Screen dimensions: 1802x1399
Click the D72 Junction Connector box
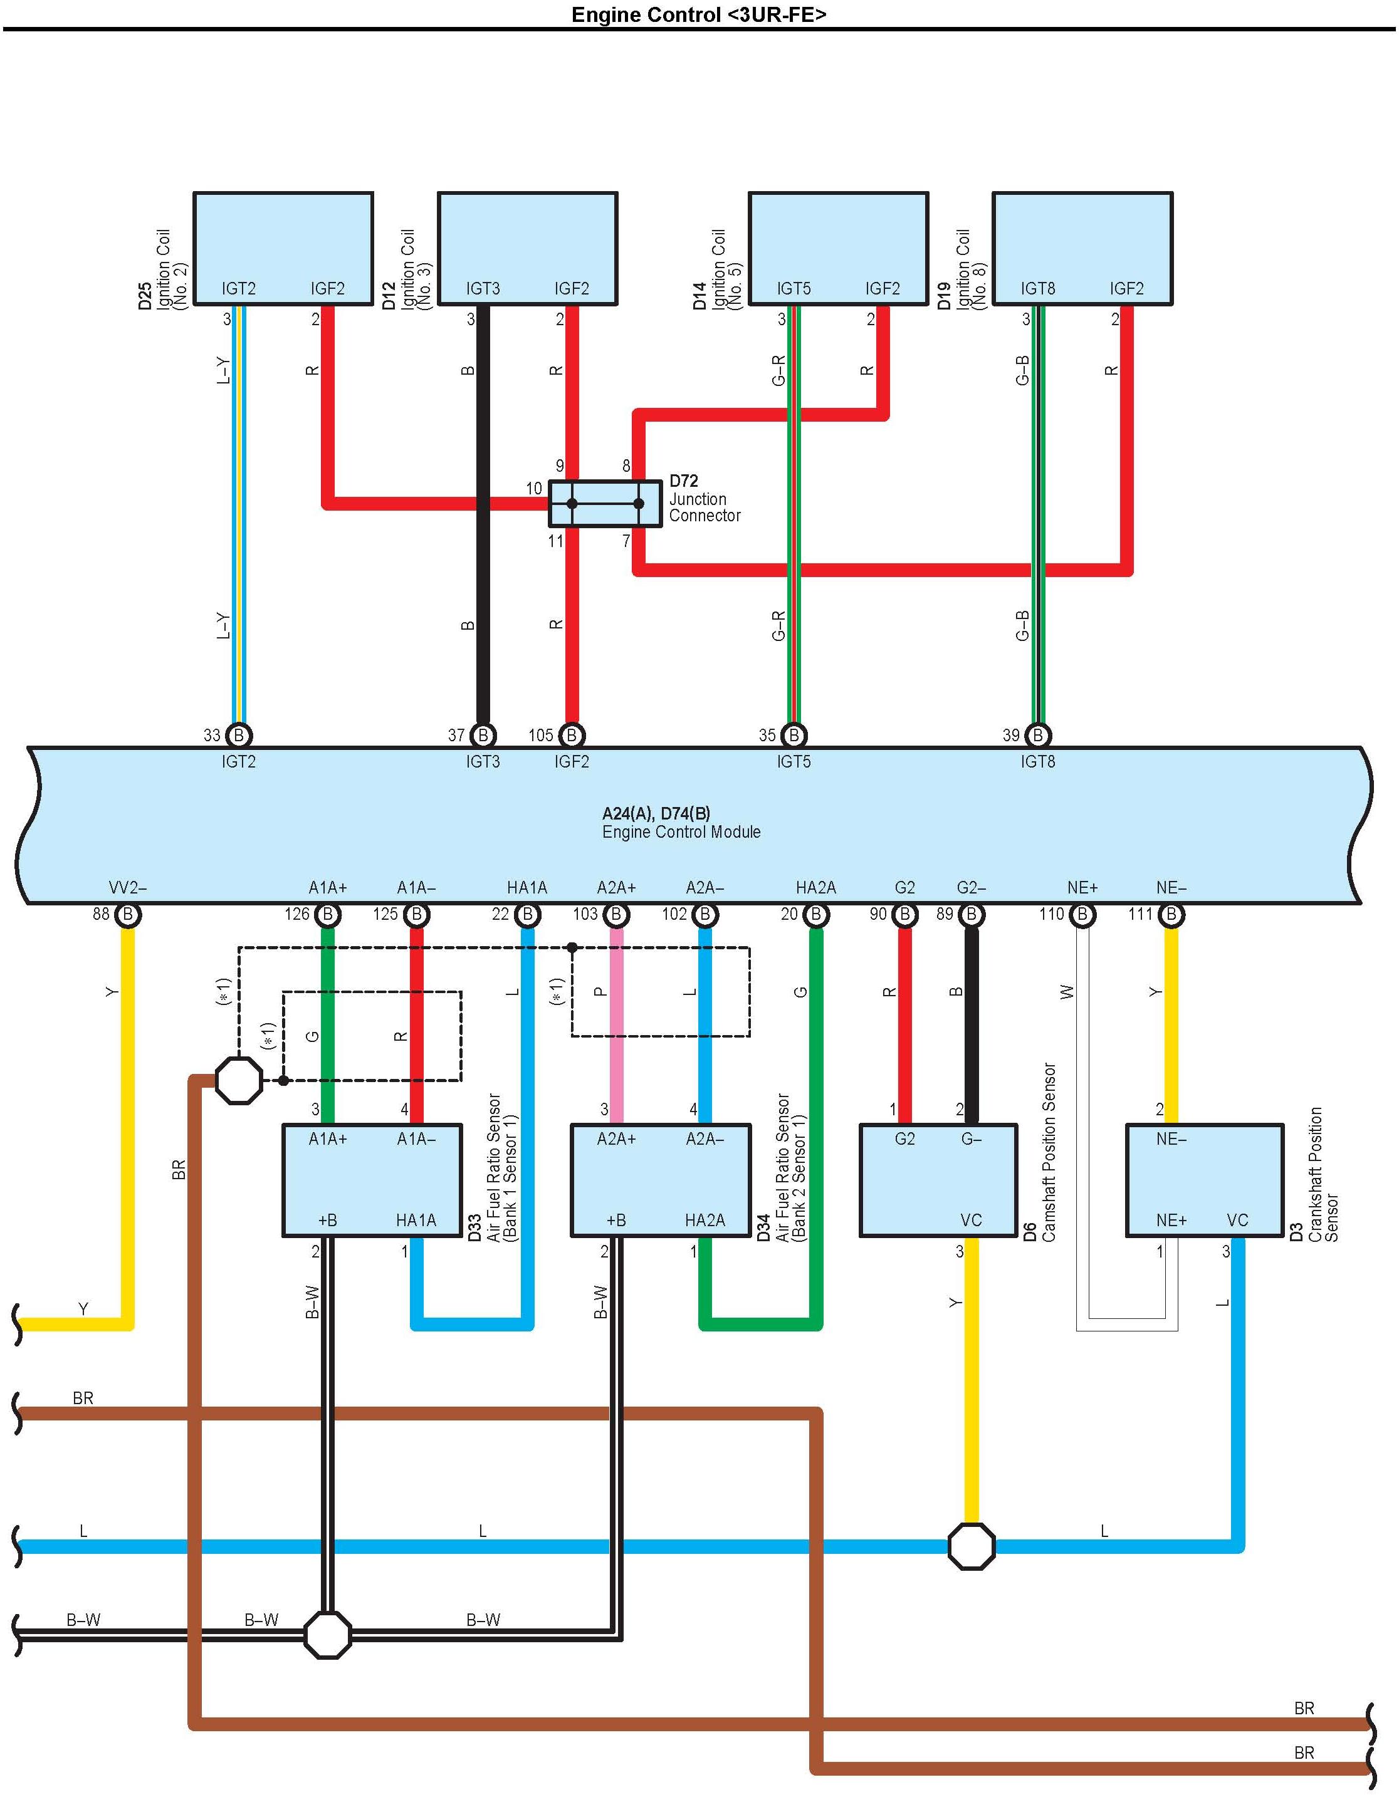click(605, 503)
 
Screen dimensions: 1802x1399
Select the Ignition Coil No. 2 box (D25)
click(283, 247)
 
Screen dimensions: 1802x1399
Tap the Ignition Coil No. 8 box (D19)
click(1082, 247)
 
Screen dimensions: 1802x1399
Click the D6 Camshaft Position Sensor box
click(938, 1179)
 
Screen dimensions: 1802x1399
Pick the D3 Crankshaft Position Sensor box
click(1204, 1179)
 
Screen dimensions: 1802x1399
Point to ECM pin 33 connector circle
click(239, 734)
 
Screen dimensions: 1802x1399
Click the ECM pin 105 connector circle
click(571, 734)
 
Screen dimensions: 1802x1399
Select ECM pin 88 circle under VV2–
click(128, 914)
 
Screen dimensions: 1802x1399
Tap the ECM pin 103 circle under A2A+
click(616, 914)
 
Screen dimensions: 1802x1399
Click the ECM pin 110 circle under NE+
click(1082, 914)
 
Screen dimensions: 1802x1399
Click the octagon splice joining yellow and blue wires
click(972, 1546)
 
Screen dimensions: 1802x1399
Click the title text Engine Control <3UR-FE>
click(698, 15)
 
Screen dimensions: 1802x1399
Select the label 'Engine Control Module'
click(681, 831)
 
